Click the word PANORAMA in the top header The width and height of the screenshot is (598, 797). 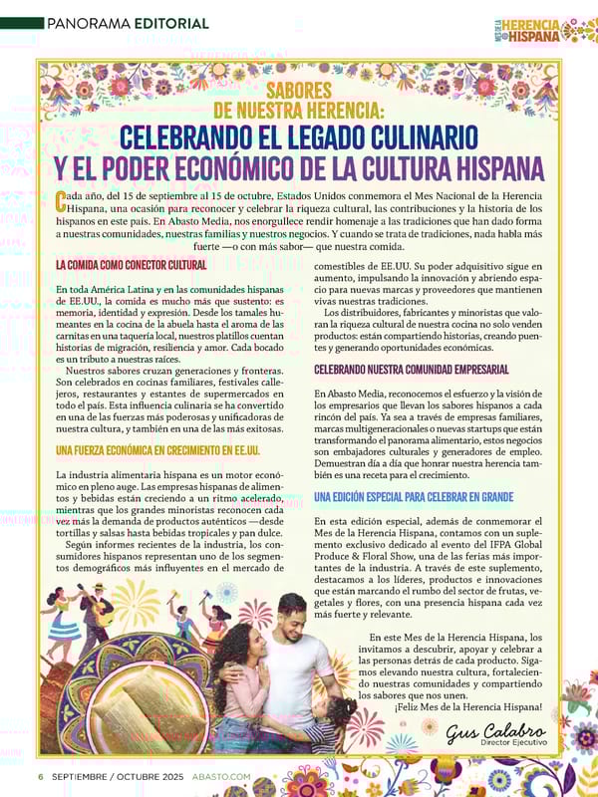(x=78, y=22)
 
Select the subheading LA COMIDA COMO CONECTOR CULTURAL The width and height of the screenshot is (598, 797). (x=131, y=265)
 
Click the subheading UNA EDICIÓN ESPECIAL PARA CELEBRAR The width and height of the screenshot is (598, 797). (x=414, y=496)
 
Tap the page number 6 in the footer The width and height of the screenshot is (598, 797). (x=40, y=777)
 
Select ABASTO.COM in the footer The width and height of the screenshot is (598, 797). (x=220, y=777)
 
